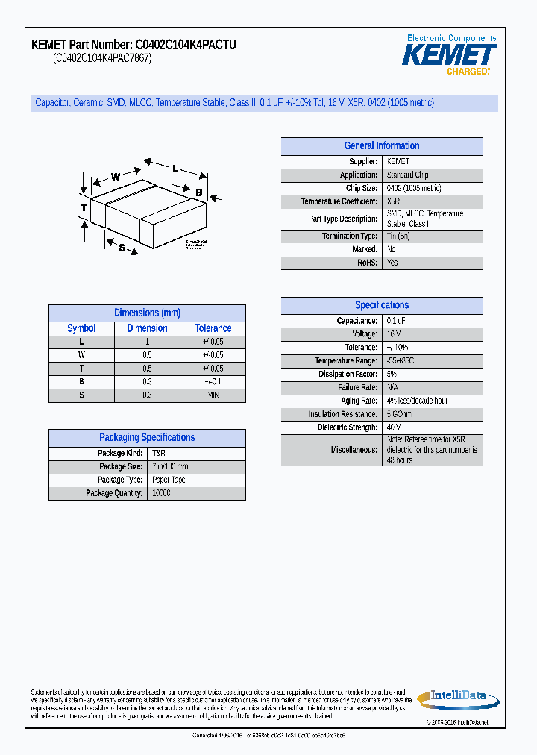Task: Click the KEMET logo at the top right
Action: (449, 55)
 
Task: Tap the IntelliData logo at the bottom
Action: (456, 698)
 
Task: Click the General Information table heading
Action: (381, 146)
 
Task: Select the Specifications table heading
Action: (381, 305)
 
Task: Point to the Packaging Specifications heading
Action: (147, 438)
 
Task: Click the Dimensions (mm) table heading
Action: (147, 313)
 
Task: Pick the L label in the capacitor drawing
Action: (175, 169)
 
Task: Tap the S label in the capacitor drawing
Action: (122, 248)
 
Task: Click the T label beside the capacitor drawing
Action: (84, 207)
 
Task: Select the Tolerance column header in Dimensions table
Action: (213, 328)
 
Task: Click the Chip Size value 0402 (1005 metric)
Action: (414, 189)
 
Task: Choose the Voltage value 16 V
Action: (394, 334)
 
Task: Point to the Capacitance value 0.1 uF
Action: (396, 321)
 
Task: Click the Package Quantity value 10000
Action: (161, 493)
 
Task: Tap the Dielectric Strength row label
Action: (348, 427)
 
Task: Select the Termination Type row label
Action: (349, 236)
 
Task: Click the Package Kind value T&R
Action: (159, 454)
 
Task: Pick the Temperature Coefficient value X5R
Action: (394, 202)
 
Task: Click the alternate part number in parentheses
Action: (102, 59)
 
